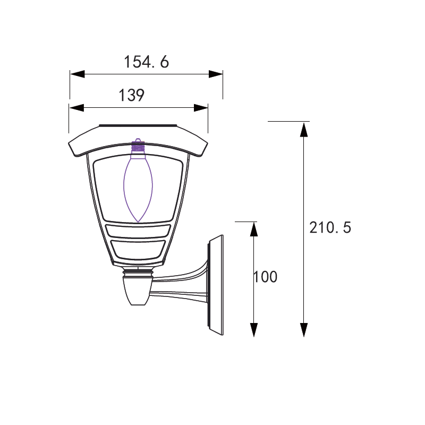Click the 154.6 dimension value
(x=147, y=62)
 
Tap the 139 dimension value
(x=131, y=95)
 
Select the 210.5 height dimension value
(x=330, y=227)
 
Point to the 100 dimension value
(x=265, y=277)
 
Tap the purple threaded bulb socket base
(x=138, y=148)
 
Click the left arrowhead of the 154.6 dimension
(x=77, y=74)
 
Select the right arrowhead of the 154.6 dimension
(x=216, y=74)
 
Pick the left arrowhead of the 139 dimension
(x=76, y=108)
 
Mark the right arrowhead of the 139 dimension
(x=201, y=108)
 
